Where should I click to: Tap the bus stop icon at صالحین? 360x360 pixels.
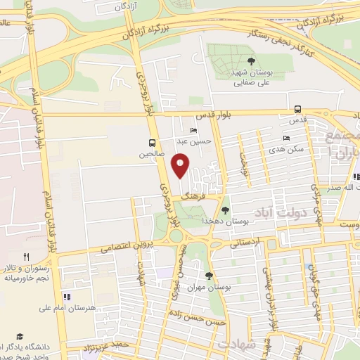click(x=153, y=141)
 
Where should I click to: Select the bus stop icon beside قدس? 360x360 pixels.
click(x=298, y=109)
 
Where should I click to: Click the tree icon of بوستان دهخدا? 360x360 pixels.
click(x=225, y=210)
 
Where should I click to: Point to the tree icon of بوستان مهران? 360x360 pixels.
click(x=208, y=276)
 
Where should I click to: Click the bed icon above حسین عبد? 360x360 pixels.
click(x=194, y=131)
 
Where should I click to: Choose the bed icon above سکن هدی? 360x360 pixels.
click(x=285, y=138)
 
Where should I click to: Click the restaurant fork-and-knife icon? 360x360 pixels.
click(x=27, y=257)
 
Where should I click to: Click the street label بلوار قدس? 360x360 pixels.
click(x=210, y=117)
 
